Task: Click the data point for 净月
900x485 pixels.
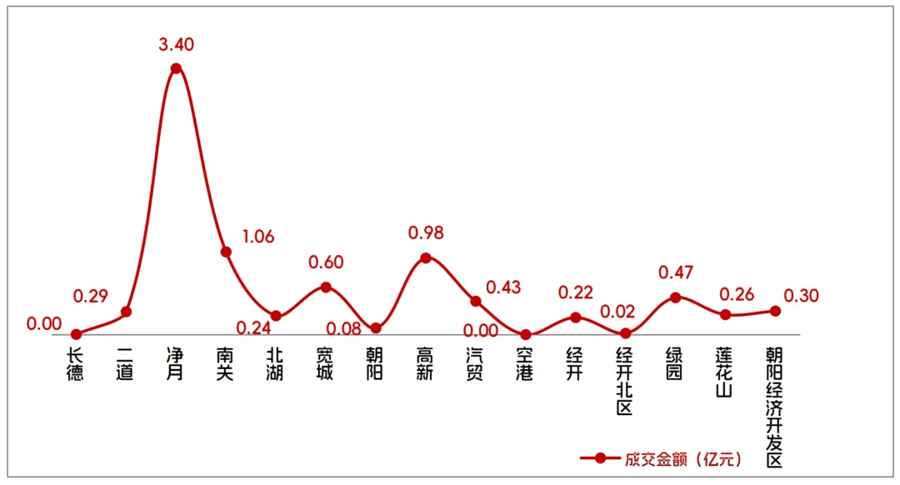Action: click(176, 68)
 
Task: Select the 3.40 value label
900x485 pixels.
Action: click(176, 45)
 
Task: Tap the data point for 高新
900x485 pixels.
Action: click(426, 257)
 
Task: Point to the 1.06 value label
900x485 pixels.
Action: click(258, 237)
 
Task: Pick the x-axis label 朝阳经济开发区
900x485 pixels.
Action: click(775, 407)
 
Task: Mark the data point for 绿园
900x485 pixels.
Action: click(676, 297)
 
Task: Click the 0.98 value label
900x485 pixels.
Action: click(426, 233)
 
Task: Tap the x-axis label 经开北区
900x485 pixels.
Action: click(626, 382)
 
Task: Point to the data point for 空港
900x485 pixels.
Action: click(526, 335)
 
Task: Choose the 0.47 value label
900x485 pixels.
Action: click(676, 272)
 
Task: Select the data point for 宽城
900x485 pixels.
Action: click(326, 287)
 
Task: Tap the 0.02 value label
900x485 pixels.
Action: click(617, 312)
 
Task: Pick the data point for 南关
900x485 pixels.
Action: click(226, 252)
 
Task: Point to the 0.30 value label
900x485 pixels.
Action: click(802, 295)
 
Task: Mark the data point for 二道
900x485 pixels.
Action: click(126, 312)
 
